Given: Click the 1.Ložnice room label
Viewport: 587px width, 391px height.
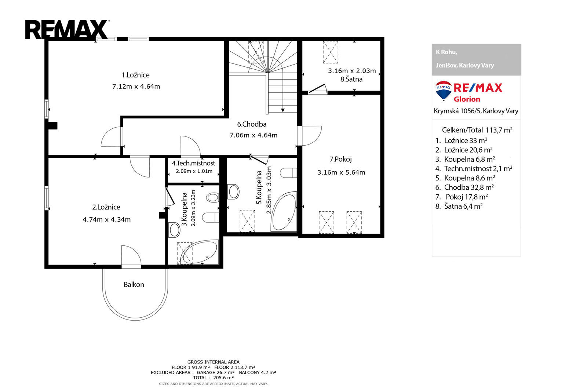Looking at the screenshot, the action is (135, 75).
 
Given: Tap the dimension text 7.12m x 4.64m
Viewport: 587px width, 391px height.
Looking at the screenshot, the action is (136, 87).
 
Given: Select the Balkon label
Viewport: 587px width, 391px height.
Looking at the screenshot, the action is (134, 285).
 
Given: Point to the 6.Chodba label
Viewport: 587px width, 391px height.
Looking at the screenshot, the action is (252, 124).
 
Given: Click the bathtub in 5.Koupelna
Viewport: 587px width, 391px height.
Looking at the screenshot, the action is (284, 212).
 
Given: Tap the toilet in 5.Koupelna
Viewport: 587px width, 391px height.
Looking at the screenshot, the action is (288, 173).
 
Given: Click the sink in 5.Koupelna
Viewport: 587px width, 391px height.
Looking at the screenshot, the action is (233, 191).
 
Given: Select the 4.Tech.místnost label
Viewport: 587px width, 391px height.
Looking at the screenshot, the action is (193, 163).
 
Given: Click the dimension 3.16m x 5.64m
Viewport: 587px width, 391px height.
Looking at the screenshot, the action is (341, 172).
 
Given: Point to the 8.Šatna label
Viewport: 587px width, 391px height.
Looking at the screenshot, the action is (351, 79).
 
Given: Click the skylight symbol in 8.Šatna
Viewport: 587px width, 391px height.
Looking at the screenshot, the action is (331, 52).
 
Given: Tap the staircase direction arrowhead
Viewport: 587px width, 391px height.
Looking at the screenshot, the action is (283, 110).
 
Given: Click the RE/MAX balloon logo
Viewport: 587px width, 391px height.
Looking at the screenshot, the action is (444, 91).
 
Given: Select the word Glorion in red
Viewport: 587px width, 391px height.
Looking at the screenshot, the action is (467, 99).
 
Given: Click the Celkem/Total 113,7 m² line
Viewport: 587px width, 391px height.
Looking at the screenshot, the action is (477, 130).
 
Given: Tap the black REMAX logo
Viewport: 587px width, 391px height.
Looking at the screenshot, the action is (67, 29).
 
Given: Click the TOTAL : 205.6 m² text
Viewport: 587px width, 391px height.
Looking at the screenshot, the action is (213, 378).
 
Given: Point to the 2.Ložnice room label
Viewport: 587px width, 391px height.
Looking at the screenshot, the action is (106, 207).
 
